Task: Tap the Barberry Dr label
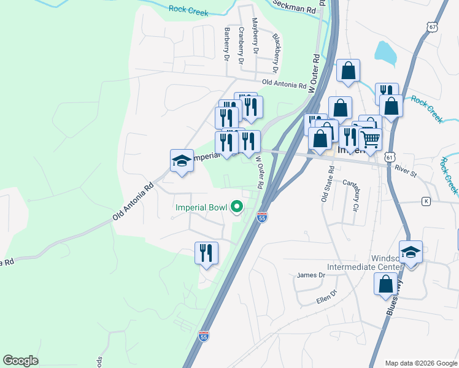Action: [x=226, y=44]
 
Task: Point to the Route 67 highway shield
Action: [x=434, y=28]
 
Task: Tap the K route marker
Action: [x=426, y=201]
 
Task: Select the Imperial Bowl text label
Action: [x=201, y=207]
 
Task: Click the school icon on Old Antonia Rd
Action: [x=182, y=161]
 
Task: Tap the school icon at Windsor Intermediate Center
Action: [x=411, y=252]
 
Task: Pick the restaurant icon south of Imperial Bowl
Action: [x=206, y=253]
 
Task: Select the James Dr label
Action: [x=310, y=275]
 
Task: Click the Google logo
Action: [x=20, y=360]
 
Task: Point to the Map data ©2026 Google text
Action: [x=420, y=363]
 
